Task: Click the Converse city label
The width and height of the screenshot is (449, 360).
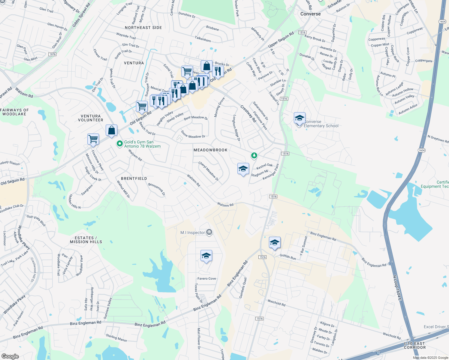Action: point(310,14)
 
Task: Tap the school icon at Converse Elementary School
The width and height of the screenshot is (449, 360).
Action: point(300,118)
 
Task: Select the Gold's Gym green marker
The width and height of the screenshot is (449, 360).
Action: point(120,144)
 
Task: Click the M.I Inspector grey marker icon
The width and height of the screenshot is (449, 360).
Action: point(209,232)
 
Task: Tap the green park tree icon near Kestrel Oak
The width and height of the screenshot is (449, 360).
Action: point(254,155)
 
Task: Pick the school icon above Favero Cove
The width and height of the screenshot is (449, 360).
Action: point(206,256)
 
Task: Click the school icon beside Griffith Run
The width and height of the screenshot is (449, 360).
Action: point(275,243)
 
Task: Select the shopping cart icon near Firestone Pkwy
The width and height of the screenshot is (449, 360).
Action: point(93,139)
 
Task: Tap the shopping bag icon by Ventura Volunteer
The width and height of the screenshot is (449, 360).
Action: point(111,130)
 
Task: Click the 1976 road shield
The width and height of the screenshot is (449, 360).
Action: point(52,54)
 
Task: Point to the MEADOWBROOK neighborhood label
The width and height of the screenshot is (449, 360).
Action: point(210,150)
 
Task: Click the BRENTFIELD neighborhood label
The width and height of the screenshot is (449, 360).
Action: point(134,178)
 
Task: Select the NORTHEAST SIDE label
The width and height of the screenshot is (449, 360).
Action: point(143,28)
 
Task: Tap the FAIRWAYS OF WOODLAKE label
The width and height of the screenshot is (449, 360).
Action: point(14,112)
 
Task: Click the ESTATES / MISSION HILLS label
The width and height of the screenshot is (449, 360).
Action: point(86,240)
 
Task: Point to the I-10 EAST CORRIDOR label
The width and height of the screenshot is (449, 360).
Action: point(415,345)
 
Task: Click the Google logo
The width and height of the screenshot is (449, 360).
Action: point(10,356)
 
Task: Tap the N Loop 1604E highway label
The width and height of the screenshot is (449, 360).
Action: point(397,288)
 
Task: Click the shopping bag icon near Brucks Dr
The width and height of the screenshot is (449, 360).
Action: point(206,66)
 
